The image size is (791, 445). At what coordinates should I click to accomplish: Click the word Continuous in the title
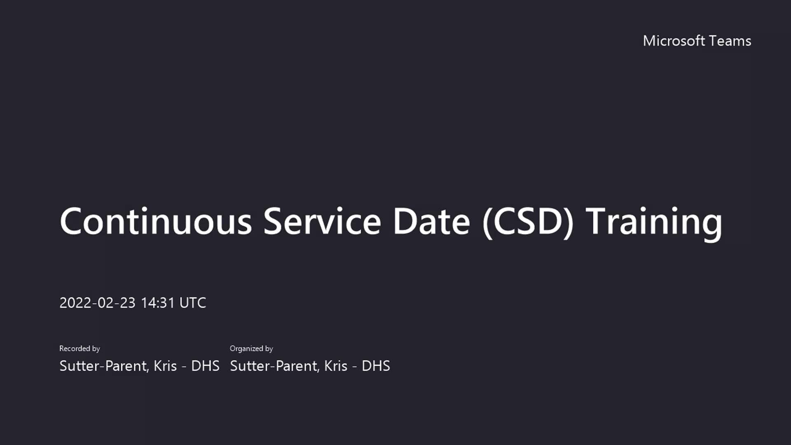tap(156, 221)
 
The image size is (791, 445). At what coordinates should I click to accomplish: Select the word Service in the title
tap(322, 221)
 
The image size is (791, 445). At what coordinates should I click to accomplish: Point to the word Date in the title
tap(431, 221)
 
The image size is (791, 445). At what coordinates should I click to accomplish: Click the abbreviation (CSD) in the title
tap(528, 222)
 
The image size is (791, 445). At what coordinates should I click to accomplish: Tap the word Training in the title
tap(654, 222)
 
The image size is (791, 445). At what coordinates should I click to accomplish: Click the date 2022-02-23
tap(97, 303)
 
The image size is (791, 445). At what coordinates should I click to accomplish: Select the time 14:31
tap(158, 303)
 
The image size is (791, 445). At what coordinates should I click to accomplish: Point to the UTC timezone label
tap(193, 303)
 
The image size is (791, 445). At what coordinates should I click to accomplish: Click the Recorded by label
tap(80, 349)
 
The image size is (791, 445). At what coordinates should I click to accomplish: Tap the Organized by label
tap(251, 349)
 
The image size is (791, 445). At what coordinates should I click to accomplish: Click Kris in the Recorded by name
tap(165, 366)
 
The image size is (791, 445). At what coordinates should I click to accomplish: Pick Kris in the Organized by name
tap(336, 366)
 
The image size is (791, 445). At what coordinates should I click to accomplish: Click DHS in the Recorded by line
tap(205, 366)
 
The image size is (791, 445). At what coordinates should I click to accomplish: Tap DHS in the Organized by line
tap(376, 366)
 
